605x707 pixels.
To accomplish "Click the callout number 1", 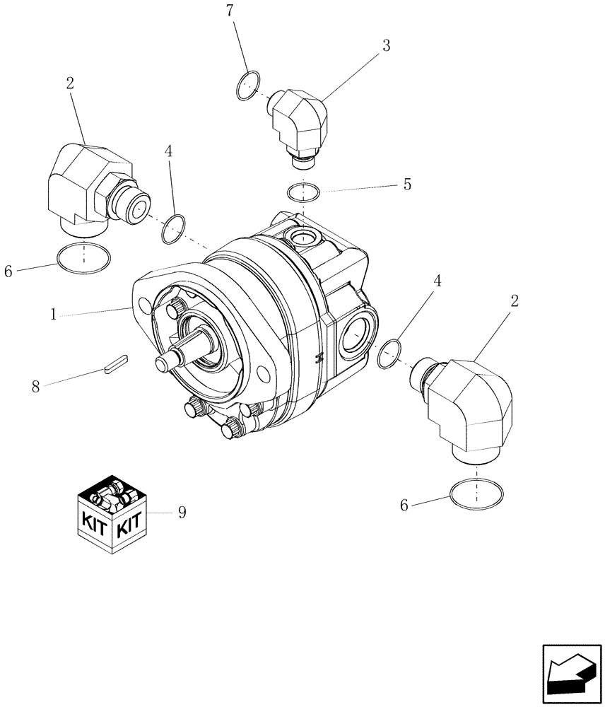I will tap(54, 314).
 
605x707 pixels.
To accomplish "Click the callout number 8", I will tap(35, 386).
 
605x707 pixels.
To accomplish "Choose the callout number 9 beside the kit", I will tap(182, 513).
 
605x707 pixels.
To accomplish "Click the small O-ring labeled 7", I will tap(245, 87).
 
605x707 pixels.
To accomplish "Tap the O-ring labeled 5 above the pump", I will tap(303, 192).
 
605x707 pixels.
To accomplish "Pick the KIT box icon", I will tap(112, 514).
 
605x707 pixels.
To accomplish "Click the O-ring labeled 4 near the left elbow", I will tap(173, 229).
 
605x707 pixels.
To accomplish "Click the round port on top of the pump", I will tap(302, 236).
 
